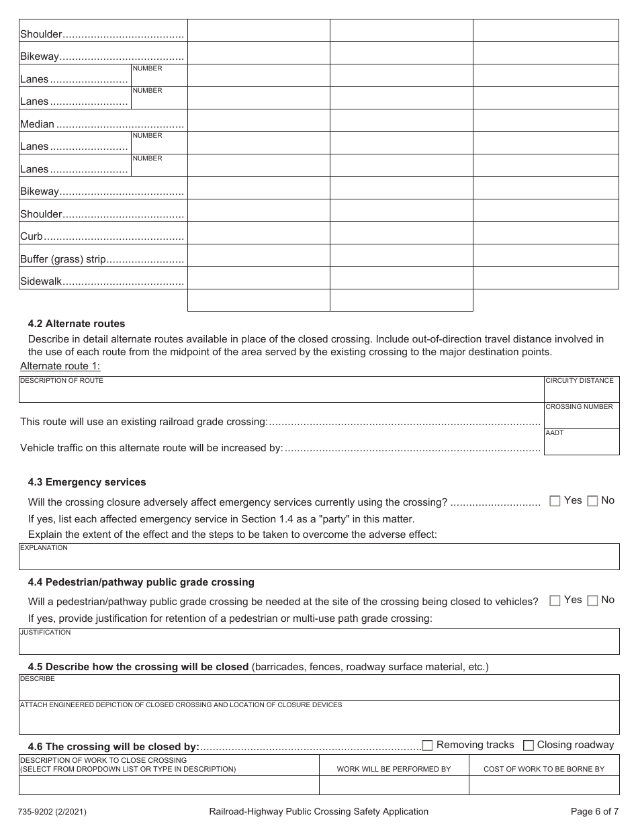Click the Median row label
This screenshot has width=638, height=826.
tap(37, 124)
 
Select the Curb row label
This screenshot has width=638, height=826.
tap(32, 236)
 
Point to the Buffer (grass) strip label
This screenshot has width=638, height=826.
tap(63, 259)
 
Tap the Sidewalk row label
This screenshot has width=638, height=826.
tap(40, 281)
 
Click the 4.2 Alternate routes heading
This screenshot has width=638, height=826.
tap(76, 324)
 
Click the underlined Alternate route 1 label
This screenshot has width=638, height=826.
tap(60, 366)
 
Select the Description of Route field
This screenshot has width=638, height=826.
tap(281, 390)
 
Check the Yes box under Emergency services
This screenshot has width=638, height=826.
tap(555, 501)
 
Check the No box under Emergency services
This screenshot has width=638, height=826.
tap(592, 501)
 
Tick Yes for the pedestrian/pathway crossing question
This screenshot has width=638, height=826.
tap(555, 600)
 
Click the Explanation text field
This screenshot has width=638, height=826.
tap(319, 557)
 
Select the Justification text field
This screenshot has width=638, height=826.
tap(319, 642)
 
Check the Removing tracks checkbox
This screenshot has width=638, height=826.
tap(427, 745)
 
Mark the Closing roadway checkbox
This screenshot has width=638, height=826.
tap(529, 745)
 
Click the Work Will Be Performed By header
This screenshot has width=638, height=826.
tap(394, 769)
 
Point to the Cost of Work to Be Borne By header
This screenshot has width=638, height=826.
tap(544, 769)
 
